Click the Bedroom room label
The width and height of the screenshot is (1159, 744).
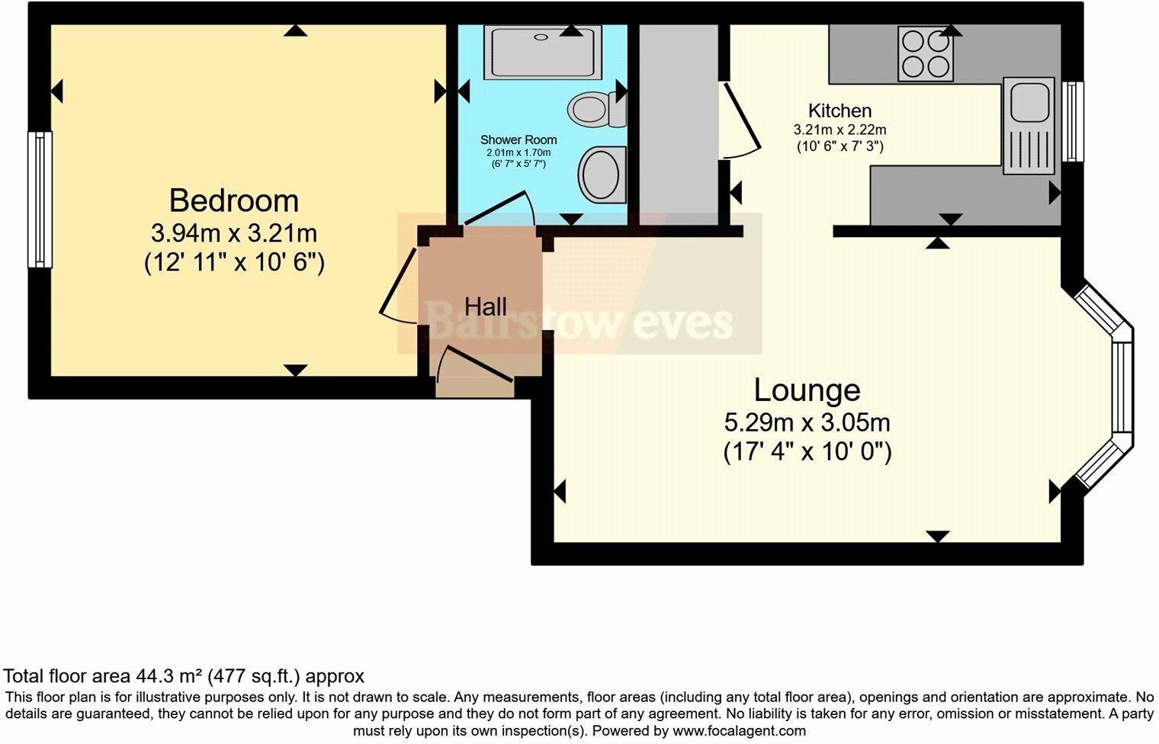tap(234, 200)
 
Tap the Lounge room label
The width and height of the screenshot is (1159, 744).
tap(807, 390)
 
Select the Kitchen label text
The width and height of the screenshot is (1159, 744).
tap(840, 111)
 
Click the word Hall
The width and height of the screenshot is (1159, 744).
tap(485, 306)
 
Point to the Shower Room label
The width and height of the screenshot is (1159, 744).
tap(518, 139)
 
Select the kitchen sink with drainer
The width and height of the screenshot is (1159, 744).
tap(1029, 126)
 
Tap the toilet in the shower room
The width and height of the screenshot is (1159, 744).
tap(597, 109)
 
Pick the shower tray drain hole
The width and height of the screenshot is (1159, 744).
tap(541, 37)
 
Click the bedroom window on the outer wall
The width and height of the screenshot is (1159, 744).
tap(40, 200)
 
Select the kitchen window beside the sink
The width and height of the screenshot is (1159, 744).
tap(1072, 121)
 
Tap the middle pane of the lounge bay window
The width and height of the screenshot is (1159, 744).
tap(1122, 387)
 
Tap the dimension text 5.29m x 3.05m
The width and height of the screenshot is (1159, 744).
tap(807, 423)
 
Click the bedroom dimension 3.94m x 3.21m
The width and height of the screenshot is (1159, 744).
tap(234, 233)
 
